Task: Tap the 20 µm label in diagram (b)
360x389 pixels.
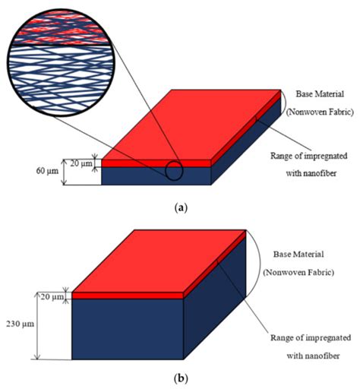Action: click(53, 296)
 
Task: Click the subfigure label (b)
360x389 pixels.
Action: click(179, 377)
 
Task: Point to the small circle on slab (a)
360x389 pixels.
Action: click(174, 172)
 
